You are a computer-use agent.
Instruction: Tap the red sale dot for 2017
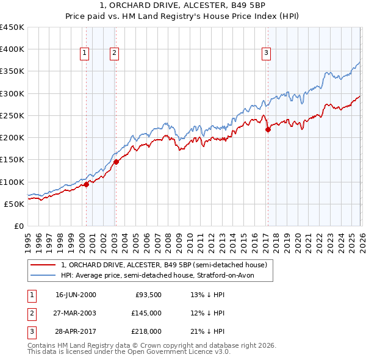tap(268, 129)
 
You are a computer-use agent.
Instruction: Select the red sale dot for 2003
tap(116, 162)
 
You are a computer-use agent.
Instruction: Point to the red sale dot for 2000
tap(86, 184)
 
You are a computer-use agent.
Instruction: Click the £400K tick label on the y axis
tap(12, 49)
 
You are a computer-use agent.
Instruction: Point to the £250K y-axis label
tap(12, 115)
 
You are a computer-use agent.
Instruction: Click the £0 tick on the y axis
tap(18, 226)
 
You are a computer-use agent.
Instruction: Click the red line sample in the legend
tap(43, 265)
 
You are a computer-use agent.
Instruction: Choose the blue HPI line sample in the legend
tap(43, 276)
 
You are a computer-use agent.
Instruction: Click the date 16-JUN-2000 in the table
tap(76, 295)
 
